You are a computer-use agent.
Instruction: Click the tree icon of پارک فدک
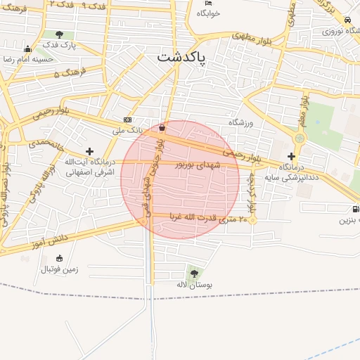(x=59, y=34)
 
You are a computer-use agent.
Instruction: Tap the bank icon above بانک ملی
(x=127, y=120)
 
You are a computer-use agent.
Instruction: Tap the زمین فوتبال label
(x=59, y=269)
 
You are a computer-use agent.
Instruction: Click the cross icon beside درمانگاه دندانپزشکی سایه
(x=291, y=156)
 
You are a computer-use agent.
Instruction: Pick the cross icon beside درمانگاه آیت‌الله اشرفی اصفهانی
(x=89, y=151)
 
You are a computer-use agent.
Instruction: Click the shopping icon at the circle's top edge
(x=163, y=128)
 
